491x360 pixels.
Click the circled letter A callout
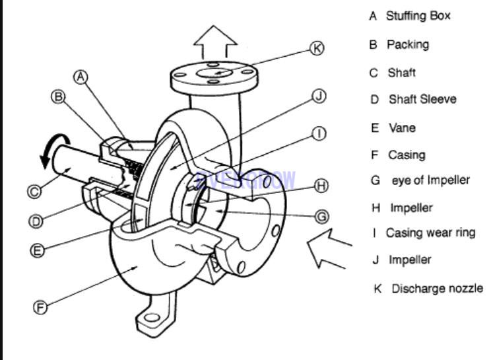pyautogui.click(x=81, y=77)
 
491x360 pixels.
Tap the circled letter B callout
pyautogui.click(x=57, y=97)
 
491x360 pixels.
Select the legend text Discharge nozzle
pyautogui.click(x=437, y=289)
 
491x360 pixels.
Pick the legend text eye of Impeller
pyautogui.click(x=430, y=180)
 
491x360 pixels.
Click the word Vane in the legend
pyautogui.click(x=402, y=128)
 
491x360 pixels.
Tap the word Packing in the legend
pyautogui.click(x=407, y=44)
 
